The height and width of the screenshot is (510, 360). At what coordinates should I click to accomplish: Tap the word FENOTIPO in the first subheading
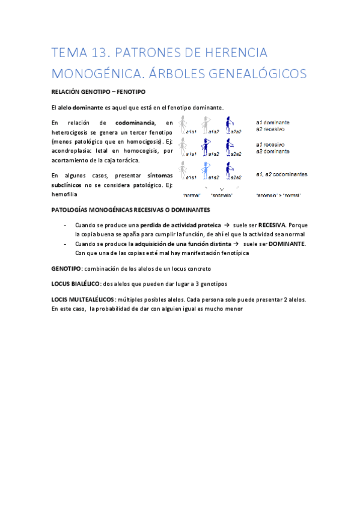click(130, 91)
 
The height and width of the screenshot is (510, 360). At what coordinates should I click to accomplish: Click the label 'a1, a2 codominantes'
click(281, 174)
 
